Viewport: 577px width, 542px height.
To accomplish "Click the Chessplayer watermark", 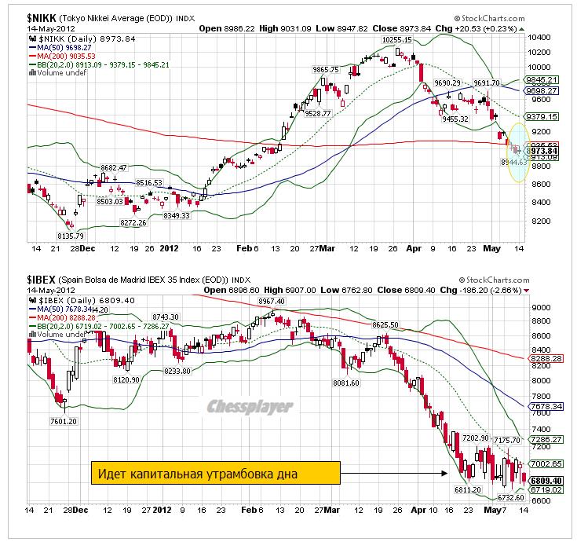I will tap(250, 407).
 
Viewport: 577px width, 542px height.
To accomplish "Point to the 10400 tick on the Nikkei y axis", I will tap(539, 38).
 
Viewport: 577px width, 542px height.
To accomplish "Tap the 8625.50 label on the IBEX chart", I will tap(389, 324).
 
